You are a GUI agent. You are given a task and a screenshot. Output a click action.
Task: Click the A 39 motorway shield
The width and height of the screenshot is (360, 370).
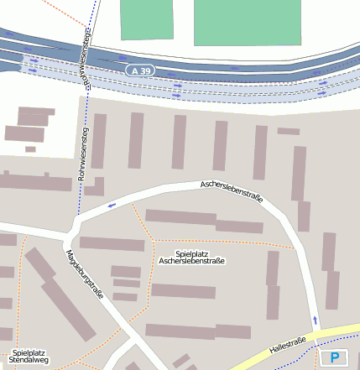(x=141, y=71)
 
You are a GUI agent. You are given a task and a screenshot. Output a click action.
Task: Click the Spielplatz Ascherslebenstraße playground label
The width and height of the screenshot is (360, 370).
(x=192, y=258)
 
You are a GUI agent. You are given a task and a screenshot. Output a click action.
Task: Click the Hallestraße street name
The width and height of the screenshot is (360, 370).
(x=287, y=344)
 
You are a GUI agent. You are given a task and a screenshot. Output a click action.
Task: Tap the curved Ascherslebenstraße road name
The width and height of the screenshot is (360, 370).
(x=232, y=191)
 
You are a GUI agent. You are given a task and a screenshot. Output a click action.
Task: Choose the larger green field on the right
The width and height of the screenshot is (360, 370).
(x=246, y=21)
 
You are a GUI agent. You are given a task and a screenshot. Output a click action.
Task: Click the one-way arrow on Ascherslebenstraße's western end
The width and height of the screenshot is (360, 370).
(x=111, y=205)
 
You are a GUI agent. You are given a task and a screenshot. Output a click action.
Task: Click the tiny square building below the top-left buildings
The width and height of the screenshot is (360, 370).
(x=30, y=149)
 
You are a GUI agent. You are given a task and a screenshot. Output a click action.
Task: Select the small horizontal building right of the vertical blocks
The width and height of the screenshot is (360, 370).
(x=288, y=131)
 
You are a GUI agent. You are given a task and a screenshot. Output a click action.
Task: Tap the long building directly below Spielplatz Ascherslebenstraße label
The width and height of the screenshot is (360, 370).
(x=183, y=291)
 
